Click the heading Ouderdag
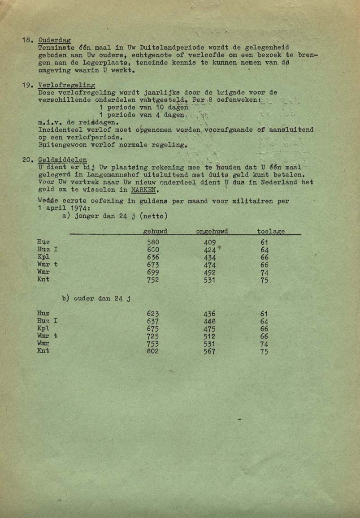55,40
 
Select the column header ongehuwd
212,231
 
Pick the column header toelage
271,231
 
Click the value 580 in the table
153,242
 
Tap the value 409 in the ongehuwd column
209,242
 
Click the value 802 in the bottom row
153,352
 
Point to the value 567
209,352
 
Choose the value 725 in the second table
153,336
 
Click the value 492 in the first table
209,272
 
